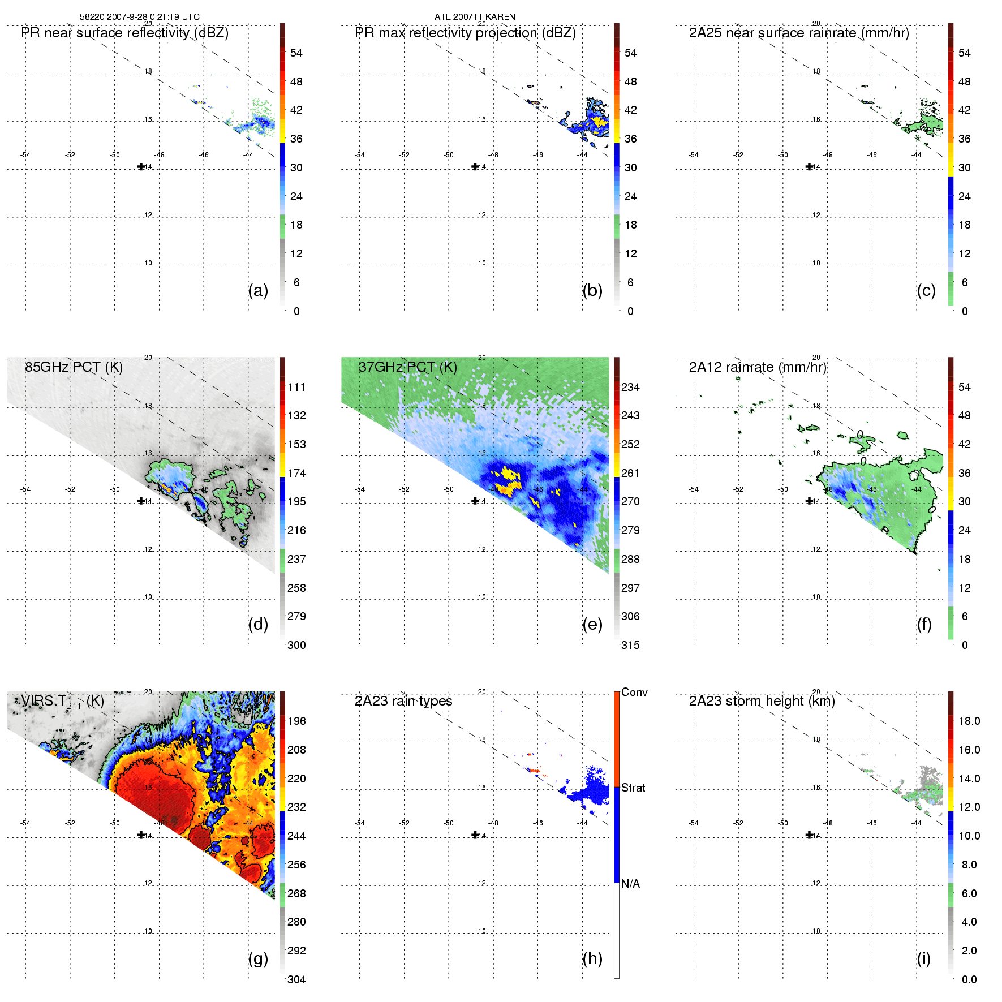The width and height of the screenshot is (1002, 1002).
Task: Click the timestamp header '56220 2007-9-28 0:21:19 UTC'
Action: pos(139,17)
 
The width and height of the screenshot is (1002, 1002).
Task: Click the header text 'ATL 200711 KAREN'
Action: pos(475,17)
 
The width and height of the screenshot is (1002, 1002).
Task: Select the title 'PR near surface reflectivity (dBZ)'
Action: pos(124,33)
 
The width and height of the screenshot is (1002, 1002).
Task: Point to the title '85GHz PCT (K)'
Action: pos(74,367)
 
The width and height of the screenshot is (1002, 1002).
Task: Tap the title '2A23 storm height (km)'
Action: pos(762,701)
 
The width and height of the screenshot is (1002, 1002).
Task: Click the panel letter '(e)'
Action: pos(592,625)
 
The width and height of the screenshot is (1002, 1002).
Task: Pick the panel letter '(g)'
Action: pos(258,958)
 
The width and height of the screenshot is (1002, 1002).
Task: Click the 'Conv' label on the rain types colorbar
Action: pos(634,692)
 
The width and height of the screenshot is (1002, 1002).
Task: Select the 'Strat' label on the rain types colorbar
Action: pos(633,788)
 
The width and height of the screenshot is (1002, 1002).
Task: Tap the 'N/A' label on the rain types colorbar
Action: pos(630,884)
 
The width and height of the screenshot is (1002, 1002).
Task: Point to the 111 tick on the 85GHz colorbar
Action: pos(296,387)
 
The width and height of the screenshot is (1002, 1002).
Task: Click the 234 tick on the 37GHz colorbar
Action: pos(630,387)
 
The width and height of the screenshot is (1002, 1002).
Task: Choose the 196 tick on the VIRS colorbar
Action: pos(296,721)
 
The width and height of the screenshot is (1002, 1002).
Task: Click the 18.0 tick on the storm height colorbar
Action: pos(969,721)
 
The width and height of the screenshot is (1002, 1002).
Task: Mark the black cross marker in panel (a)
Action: pos(141,166)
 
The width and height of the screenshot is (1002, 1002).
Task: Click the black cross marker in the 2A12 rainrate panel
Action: pos(809,501)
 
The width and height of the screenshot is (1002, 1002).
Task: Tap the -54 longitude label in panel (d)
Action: pos(25,489)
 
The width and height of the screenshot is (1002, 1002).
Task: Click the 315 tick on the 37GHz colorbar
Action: pos(630,645)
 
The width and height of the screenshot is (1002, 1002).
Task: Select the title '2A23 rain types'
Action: pos(403,701)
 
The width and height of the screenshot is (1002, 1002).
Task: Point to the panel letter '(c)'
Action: pos(926,291)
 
